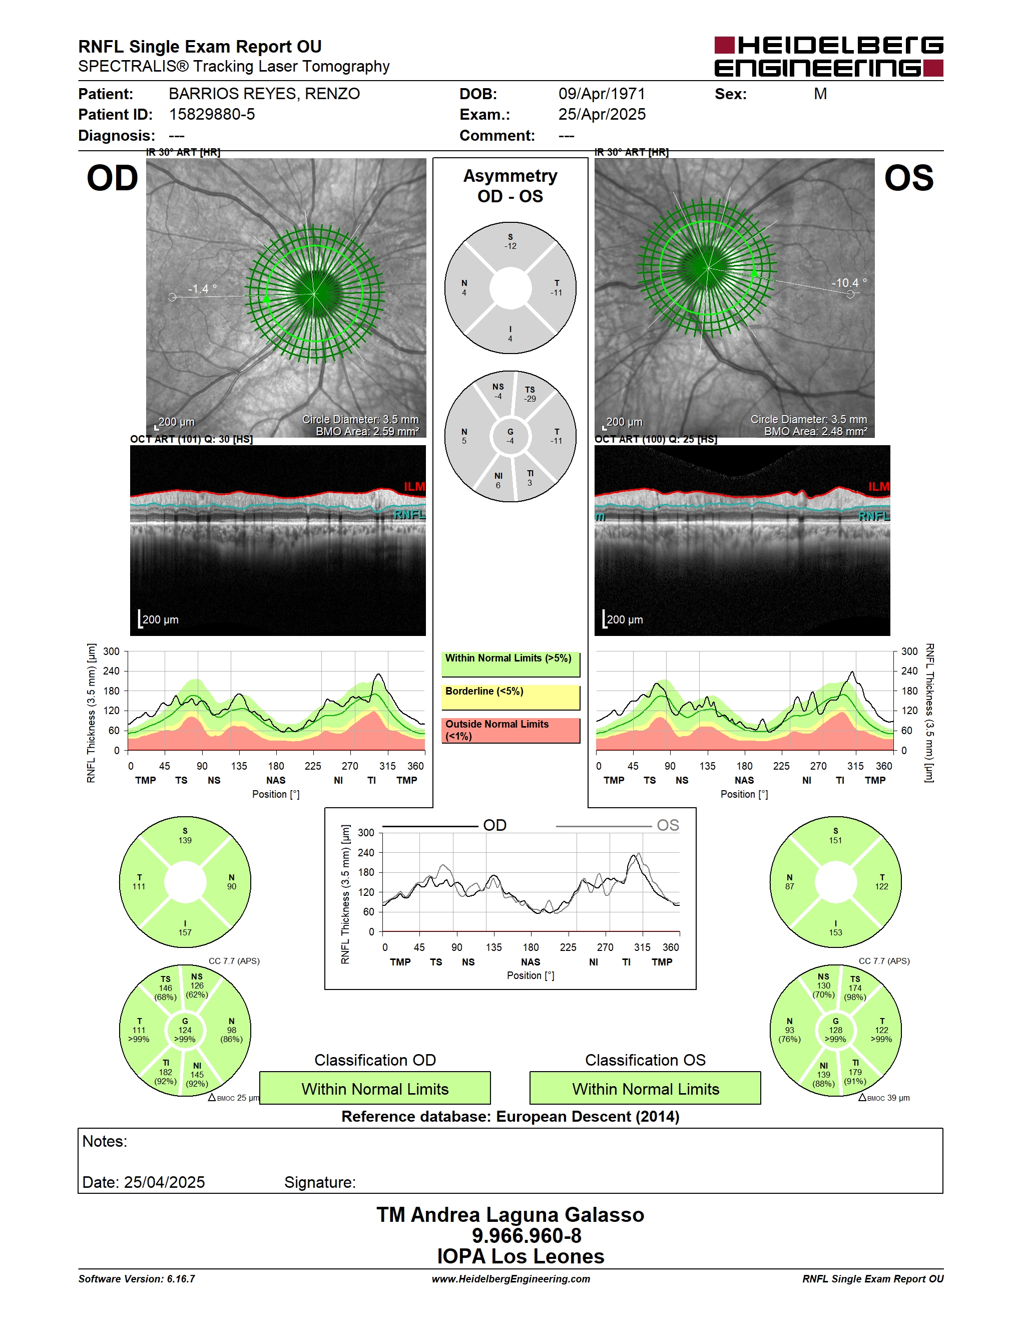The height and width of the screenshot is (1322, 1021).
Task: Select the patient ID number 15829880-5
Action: (212, 114)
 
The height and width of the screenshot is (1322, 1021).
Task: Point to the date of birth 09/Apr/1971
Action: (602, 94)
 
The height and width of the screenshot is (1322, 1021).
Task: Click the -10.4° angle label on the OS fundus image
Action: (849, 283)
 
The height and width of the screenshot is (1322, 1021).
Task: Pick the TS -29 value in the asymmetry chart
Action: (530, 394)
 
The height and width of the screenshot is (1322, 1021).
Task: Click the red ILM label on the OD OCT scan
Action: (414, 487)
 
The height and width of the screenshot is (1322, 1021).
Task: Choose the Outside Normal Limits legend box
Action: (510, 730)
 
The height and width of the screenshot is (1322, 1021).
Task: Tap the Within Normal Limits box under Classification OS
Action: (646, 1088)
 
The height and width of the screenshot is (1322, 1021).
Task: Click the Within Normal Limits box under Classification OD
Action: (375, 1088)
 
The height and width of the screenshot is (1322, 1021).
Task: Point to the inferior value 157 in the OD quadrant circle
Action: (185, 932)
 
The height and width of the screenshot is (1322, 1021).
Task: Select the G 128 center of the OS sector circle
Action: (835, 1030)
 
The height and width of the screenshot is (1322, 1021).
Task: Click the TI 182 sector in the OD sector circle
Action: (165, 1072)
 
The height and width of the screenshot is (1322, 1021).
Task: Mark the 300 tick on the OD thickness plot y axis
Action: (111, 651)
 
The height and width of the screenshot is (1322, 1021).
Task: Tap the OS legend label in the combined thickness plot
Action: (668, 825)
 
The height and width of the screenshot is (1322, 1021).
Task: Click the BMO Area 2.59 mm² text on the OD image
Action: (367, 432)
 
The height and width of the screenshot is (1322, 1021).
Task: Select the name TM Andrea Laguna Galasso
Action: (510, 1214)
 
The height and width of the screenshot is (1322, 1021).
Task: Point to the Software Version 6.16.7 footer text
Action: (137, 1278)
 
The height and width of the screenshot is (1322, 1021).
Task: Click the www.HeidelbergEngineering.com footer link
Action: (510, 1278)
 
